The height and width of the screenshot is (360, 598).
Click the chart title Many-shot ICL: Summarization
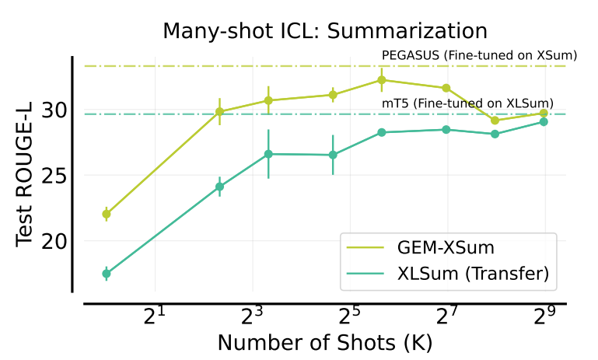324,31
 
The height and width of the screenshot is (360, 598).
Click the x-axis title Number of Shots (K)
324,342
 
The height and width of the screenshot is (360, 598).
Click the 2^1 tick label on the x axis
155,316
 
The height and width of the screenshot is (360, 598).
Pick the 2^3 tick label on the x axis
252,316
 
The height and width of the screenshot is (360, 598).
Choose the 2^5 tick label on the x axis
349,316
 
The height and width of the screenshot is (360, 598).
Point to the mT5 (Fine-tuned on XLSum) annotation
467,103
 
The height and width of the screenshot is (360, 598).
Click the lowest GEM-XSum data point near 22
107,214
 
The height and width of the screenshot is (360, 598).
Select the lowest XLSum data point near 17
107,274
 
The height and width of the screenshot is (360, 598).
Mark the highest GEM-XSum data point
381,79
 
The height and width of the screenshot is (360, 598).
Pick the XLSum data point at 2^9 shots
544,122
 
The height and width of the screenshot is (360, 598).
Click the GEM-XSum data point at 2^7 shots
446,88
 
